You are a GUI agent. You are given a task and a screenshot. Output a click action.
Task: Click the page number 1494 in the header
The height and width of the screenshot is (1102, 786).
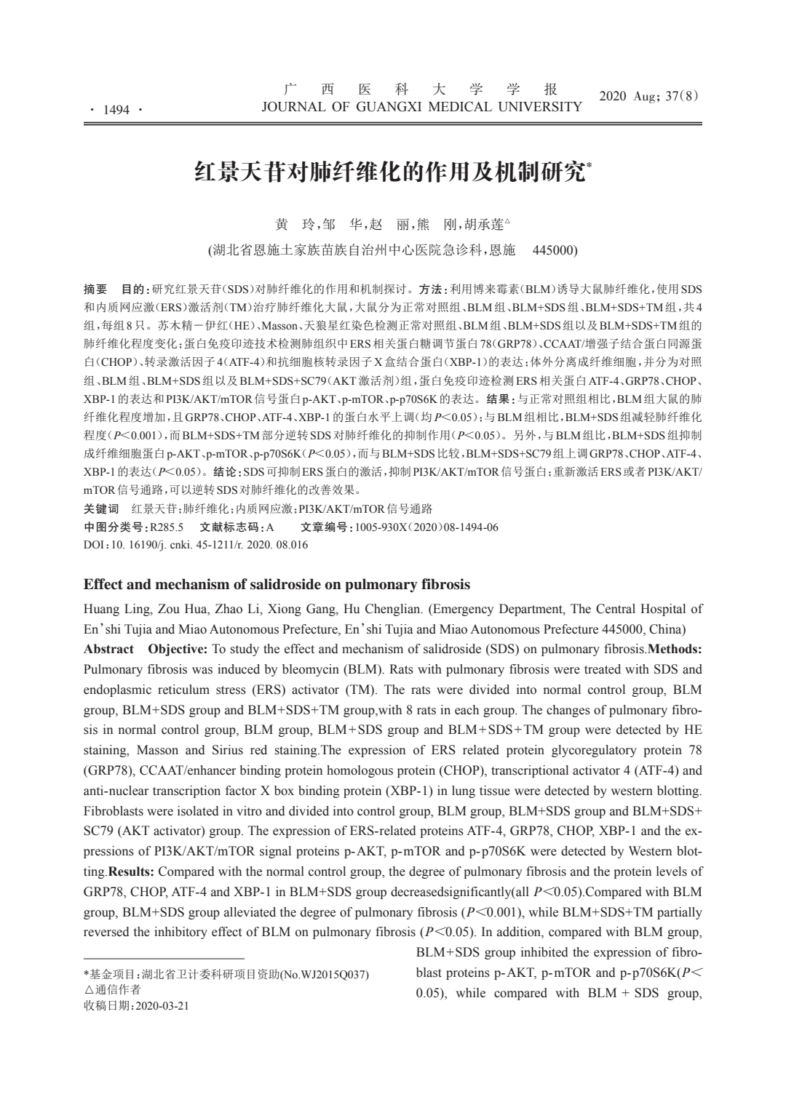click(x=116, y=110)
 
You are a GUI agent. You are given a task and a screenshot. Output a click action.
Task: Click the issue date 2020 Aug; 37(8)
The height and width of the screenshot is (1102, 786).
click(x=648, y=96)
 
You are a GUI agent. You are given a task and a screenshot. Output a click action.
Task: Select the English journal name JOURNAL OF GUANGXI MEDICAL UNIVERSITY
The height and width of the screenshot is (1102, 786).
click(x=421, y=107)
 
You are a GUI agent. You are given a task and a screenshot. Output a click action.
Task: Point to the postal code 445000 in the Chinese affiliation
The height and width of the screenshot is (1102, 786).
click(x=555, y=251)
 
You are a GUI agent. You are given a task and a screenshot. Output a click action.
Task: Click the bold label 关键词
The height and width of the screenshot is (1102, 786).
click(x=101, y=508)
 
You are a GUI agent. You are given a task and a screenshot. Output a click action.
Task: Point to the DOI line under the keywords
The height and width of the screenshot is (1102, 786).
click(x=196, y=545)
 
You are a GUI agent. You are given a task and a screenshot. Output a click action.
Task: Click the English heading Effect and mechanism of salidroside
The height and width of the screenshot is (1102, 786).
click(x=277, y=584)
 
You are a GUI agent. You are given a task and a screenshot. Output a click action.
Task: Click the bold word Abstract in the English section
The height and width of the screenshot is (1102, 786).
click(x=108, y=649)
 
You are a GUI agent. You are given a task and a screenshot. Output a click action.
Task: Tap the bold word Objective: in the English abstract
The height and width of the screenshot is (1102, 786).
click(x=178, y=649)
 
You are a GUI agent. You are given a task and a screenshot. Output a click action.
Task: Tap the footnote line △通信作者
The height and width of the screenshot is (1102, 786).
click(x=113, y=990)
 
